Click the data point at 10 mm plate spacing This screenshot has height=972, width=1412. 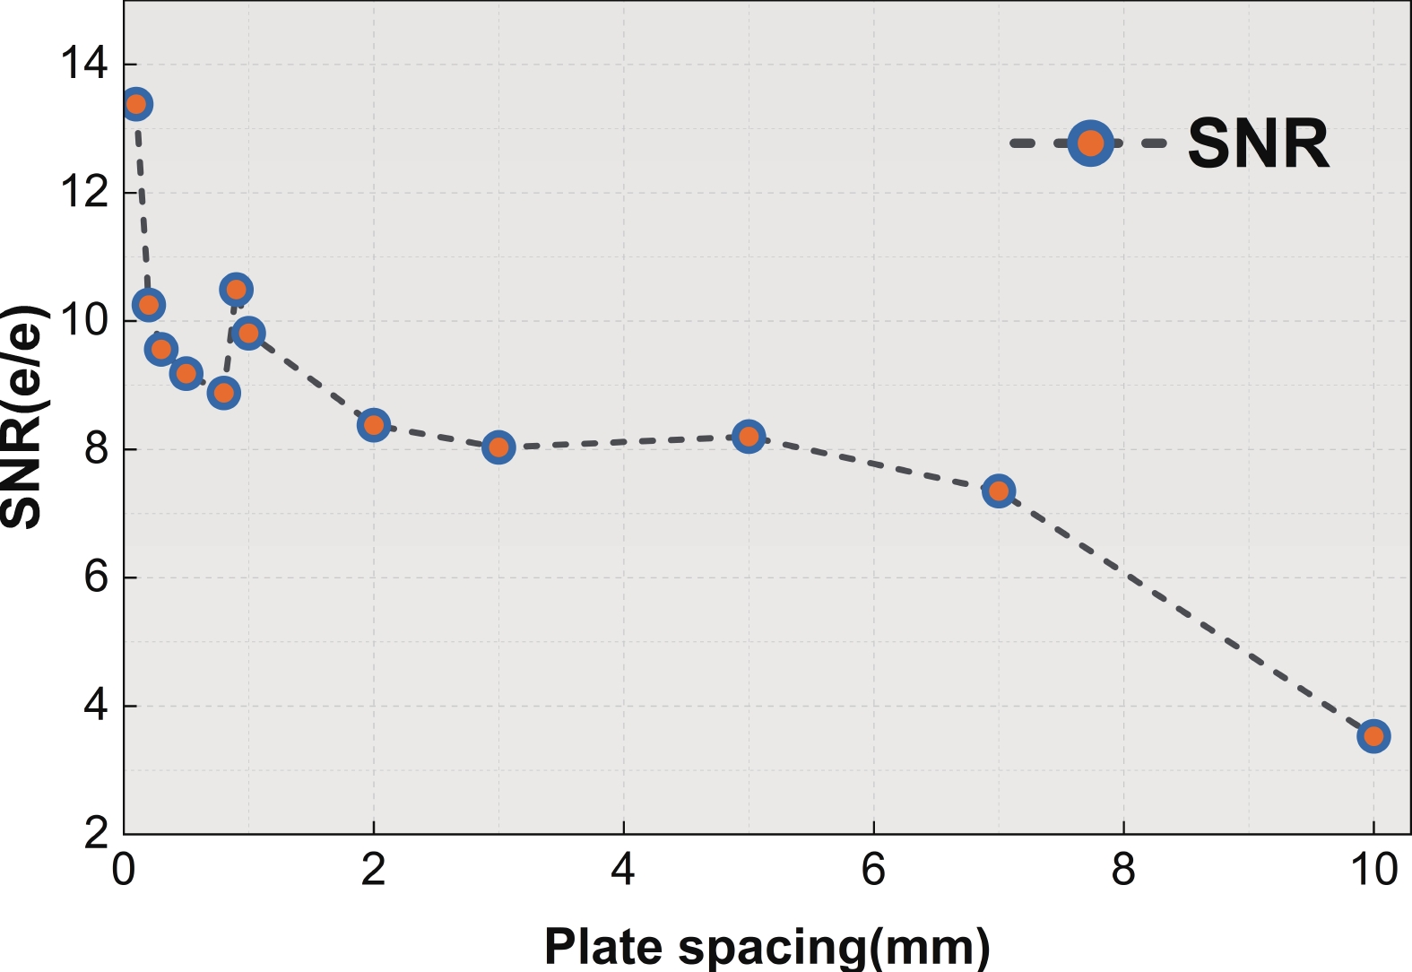(x=1373, y=736)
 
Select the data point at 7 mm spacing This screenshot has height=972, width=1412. (x=998, y=490)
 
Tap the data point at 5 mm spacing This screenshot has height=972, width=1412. (x=748, y=437)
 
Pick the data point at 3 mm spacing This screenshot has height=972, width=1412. (x=498, y=447)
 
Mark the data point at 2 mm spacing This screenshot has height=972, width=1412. (x=373, y=424)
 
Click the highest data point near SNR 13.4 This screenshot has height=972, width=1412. (x=135, y=104)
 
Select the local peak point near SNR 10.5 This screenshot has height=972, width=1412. (x=236, y=289)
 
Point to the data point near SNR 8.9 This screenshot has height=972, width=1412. (x=223, y=393)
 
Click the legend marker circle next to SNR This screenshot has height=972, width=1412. (x=1090, y=143)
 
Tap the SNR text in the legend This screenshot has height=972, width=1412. (x=1258, y=143)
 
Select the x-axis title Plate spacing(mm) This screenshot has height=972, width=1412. (x=767, y=946)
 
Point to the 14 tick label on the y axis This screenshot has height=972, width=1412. (x=83, y=65)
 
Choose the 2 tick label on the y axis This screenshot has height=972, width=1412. (x=96, y=834)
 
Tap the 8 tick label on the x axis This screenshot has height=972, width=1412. (x=1123, y=870)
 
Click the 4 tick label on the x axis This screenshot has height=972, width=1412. (x=623, y=870)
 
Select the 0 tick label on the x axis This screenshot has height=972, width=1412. (x=123, y=870)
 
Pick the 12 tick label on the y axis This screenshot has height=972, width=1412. (x=83, y=193)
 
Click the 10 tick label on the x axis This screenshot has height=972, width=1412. (x=1373, y=870)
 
